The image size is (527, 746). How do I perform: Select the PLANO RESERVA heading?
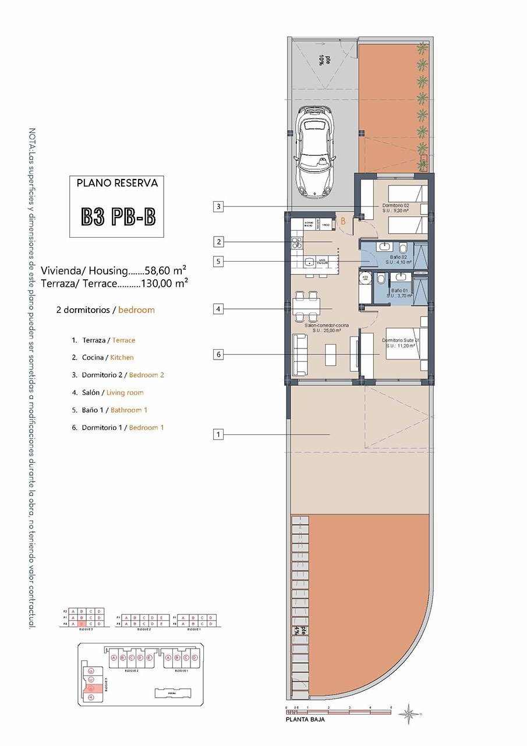(x=117, y=182)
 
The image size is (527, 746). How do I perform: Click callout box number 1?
(x=218, y=434)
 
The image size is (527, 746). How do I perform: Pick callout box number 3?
(x=218, y=206)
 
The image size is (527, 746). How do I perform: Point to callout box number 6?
(x=218, y=354)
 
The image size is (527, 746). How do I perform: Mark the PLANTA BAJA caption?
(x=305, y=720)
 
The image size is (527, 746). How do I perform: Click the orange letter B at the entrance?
(x=344, y=221)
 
